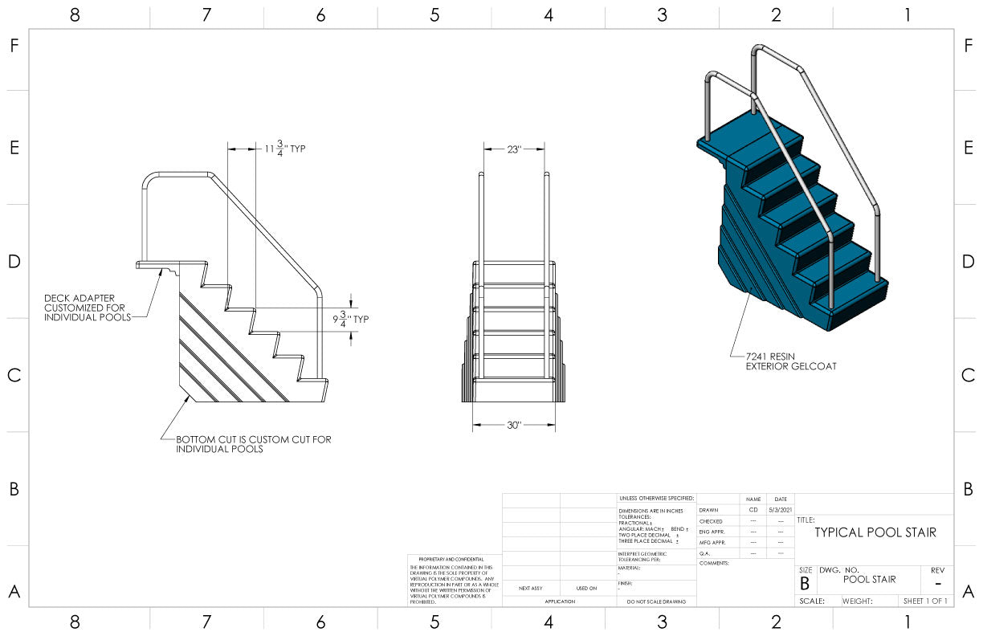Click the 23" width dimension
pyautogui.click(x=514, y=149)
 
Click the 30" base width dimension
pyautogui.click(x=514, y=425)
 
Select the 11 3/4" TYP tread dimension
pyautogui.click(x=285, y=149)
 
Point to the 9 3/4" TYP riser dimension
pyautogui.click(x=349, y=319)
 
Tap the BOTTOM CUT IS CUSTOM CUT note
pyautogui.click(x=253, y=444)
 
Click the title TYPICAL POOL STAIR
pyautogui.click(x=875, y=532)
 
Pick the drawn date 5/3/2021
pyautogui.click(x=780, y=510)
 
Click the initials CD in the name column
pyautogui.click(x=753, y=510)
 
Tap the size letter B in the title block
pyautogui.click(x=805, y=584)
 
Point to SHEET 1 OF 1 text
pyautogui.click(x=925, y=601)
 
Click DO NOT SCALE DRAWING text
pyautogui.click(x=656, y=601)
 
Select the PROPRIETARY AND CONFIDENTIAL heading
pyautogui.click(x=451, y=559)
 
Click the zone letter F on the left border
pyautogui.click(x=14, y=46)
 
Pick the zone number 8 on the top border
pyautogui.click(x=75, y=14)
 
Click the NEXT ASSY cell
pyautogui.click(x=531, y=589)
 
